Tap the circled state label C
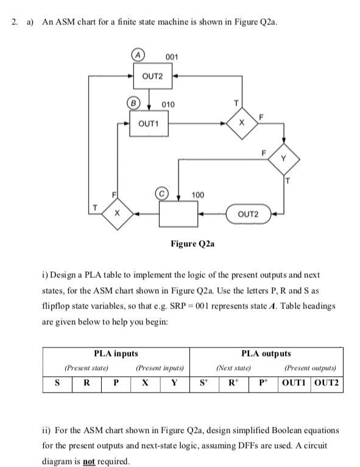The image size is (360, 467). click(x=163, y=194)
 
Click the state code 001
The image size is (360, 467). click(x=172, y=57)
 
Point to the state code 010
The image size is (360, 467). click(x=168, y=104)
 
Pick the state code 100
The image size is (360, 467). click(x=198, y=194)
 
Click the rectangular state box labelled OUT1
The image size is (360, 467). click(x=150, y=124)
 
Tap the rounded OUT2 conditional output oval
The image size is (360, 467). click(x=248, y=214)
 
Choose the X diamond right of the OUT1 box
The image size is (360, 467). click(x=241, y=124)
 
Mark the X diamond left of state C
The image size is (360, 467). click(x=116, y=214)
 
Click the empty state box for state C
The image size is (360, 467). click(x=178, y=214)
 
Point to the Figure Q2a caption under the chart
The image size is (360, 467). click(x=192, y=244)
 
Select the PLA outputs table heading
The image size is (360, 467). click(x=266, y=353)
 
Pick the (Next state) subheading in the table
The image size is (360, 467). click(x=233, y=368)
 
